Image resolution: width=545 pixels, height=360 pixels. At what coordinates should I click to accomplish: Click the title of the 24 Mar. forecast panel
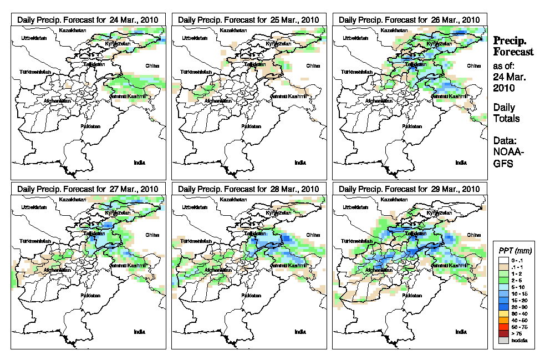click(88, 19)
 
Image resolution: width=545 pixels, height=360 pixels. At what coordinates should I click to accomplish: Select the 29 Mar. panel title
click(410, 189)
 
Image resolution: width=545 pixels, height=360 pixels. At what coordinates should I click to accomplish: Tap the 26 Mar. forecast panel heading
click(410, 19)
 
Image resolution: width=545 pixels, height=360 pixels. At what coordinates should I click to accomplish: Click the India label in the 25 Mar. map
click(300, 163)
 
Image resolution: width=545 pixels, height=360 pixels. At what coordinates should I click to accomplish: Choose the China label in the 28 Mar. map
click(312, 235)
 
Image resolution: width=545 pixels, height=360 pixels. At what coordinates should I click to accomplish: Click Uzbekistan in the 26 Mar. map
click(355, 38)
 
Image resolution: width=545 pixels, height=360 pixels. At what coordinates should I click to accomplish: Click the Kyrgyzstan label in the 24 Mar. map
click(117, 43)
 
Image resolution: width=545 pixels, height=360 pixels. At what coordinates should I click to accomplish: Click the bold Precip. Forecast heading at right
click(513, 46)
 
